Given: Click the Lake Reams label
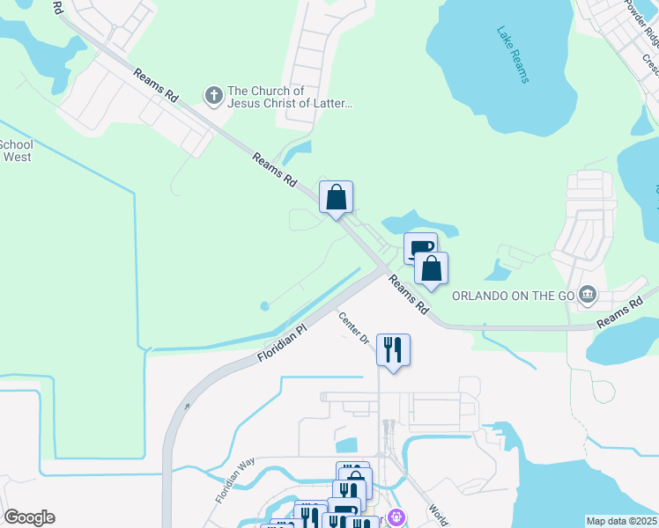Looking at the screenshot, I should [512, 55].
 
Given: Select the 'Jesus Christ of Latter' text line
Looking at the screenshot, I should [290, 104].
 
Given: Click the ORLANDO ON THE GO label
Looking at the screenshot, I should [513, 296].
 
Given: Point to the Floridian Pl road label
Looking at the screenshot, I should [281, 342].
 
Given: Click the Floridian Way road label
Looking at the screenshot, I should [234, 480].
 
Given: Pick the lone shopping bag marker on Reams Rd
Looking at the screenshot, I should [336, 197].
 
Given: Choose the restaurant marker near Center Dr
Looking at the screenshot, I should [393, 349].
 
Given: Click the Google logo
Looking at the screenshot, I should [29, 517].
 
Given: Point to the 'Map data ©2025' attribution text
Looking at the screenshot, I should [621, 521].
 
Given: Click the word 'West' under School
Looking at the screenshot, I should [17, 158].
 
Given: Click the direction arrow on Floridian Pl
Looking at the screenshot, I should [187, 407].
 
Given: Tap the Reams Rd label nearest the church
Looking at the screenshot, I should [155, 85].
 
